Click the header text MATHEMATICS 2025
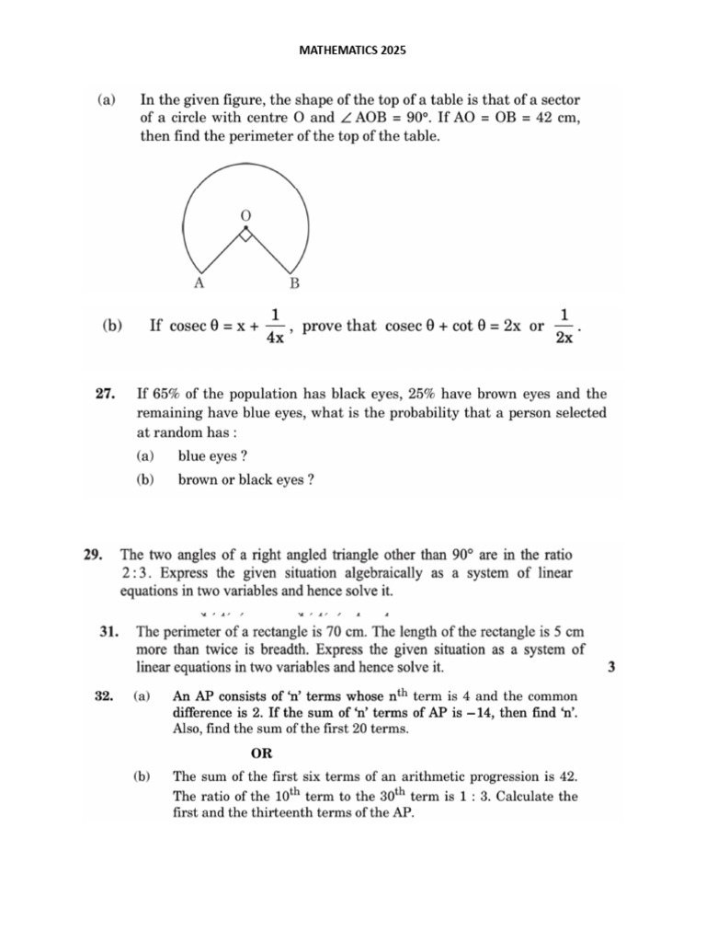(353, 50)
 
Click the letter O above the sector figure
(245, 214)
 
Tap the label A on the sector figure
(198, 283)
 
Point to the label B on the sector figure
(294, 283)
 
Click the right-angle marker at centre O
(245, 235)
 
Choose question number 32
(104, 697)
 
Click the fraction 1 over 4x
(274, 327)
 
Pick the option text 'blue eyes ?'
(213, 455)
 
